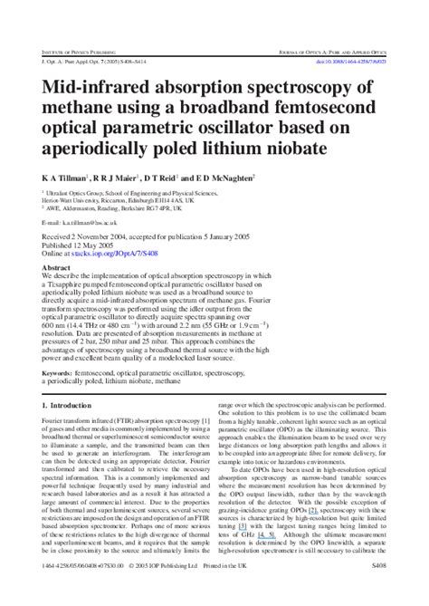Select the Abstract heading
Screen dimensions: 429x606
click(58, 268)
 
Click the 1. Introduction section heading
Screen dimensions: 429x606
click(72, 408)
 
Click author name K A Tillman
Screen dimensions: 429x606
click(64, 178)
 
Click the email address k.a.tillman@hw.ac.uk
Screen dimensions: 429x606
click(95, 222)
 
